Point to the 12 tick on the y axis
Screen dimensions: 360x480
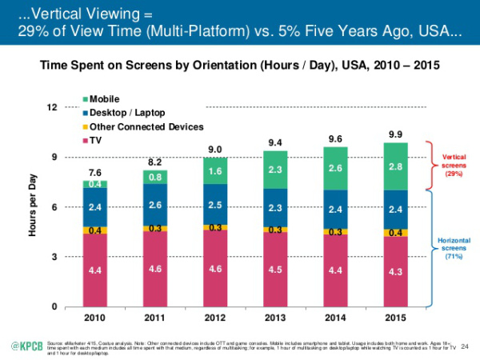[52, 107]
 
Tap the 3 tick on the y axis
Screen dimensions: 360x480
[54, 257]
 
